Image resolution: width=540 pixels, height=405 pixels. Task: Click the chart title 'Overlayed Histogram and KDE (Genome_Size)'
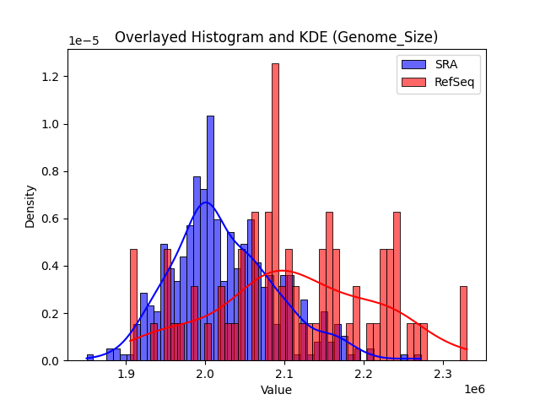click(276, 37)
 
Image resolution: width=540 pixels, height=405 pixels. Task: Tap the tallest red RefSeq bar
click(275, 211)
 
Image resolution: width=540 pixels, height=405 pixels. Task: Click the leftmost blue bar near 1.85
click(90, 358)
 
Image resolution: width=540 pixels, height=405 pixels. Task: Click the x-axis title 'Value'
click(276, 390)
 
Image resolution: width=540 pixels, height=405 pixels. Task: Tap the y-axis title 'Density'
click(30, 206)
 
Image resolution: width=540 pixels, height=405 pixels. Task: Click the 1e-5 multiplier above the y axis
click(84, 40)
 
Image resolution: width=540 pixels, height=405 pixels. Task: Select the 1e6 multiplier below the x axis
click(473, 389)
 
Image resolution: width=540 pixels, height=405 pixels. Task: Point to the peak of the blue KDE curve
click(205, 202)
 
